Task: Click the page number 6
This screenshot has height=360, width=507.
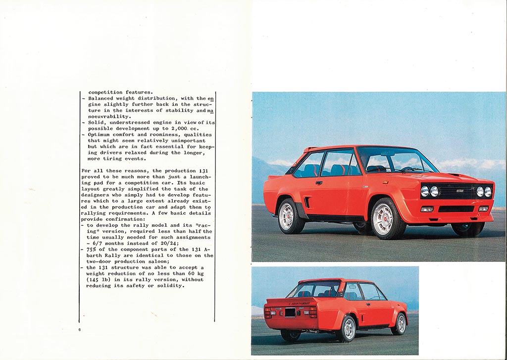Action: coord(79,329)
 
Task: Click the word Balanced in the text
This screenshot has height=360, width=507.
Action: coord(102,99)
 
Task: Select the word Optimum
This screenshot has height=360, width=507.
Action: coord(100,135)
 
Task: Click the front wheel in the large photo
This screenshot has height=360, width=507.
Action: coord(385,218)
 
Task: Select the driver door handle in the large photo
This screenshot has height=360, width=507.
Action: coord(319,183)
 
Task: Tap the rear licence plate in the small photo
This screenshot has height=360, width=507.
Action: coord(290,312)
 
